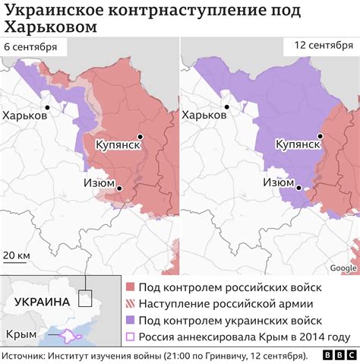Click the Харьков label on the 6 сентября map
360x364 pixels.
click(27, 116)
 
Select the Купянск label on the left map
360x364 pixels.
click(117, 144)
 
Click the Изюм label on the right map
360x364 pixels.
click(279, 182)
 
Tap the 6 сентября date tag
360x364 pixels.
click(30, 47)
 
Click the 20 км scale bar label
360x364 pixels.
click(17, 253)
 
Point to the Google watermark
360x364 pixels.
click(343, 267)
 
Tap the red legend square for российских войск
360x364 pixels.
click(131, 287)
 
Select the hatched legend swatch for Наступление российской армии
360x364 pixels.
click(131, 304)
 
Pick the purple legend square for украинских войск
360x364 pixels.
click(131, 321)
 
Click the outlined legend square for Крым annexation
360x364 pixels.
click(131, 337)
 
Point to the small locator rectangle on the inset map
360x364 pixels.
click(87, 299)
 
